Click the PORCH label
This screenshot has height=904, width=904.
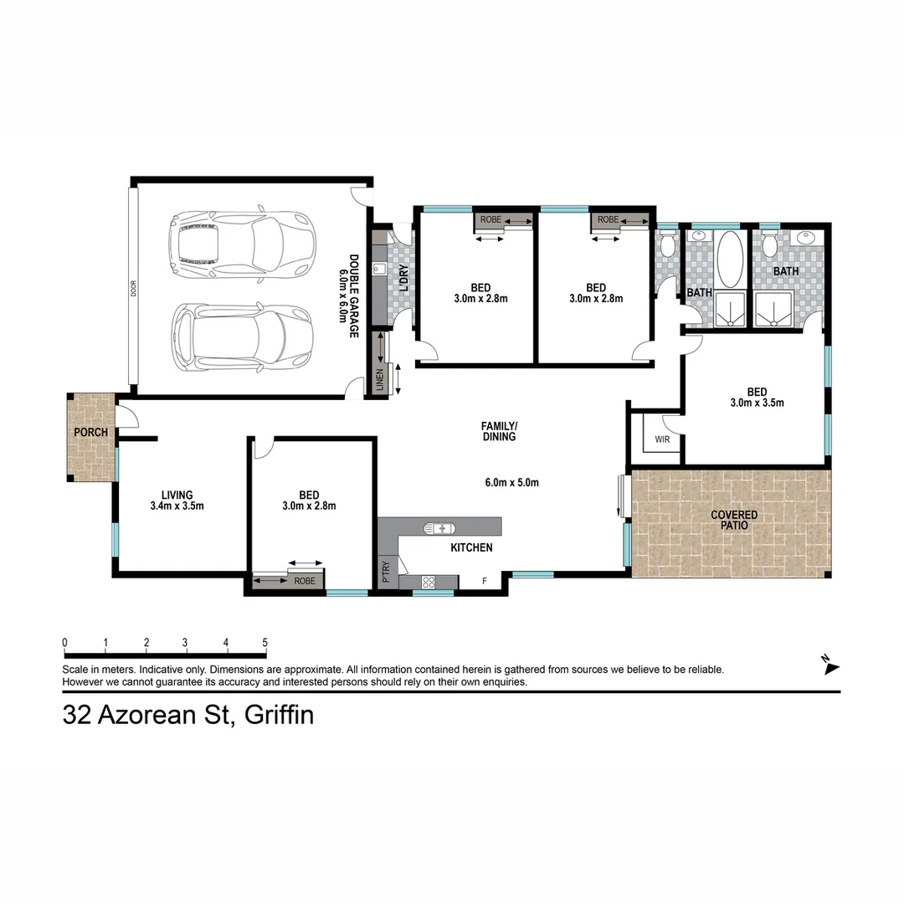[90, 433]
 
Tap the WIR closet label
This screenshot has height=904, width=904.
[662, 438]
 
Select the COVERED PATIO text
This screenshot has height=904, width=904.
[734, 521]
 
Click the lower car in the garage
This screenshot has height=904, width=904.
[242, 338]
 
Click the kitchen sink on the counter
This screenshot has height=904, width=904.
[439, 528]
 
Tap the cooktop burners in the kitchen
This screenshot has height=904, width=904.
[428, 582]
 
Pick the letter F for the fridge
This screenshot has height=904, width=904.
[485, 581]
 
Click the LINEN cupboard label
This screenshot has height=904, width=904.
[380, 380]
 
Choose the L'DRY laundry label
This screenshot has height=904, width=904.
[403, 278]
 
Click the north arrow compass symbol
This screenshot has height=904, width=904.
[830, 665]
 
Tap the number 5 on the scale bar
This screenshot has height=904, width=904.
[265, 643]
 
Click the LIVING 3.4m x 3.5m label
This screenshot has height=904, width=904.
[177, 500]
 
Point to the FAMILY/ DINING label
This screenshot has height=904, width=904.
[498, 431]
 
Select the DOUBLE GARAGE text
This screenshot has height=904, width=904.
[353, 296]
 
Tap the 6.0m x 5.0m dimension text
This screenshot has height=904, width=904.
[511, 482]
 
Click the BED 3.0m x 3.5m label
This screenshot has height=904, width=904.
[757, 397]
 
